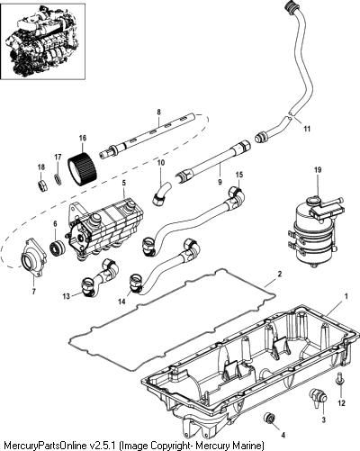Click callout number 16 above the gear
coord(83,138)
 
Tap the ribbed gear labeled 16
coord(81,169)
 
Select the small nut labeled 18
coord(41,186)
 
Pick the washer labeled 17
coord(58,179)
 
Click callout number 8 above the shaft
coord(158,112)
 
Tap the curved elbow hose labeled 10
coord(161,194)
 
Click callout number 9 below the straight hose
coord(220,182)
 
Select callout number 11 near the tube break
coord(307,129)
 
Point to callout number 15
coord(239,175)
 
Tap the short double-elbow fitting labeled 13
coord(100,276)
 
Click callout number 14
coord(121,302)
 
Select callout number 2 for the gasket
coord(280,274)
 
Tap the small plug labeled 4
coord(268,418)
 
